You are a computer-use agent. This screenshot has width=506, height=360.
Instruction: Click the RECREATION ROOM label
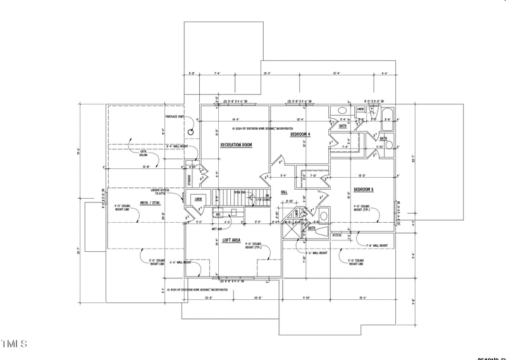click(x=236, y=145)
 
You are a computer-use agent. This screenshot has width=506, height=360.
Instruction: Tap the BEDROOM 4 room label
click(x=300, y=135)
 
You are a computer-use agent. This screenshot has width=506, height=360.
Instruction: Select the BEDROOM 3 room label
click(x=363, y=190)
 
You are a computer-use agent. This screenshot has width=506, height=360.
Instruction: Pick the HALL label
click(x=284, y=191)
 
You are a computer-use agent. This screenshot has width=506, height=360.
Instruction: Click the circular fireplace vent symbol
click(x=190, y=131)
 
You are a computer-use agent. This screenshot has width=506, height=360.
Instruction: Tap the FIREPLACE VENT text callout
click(x=175, y=117)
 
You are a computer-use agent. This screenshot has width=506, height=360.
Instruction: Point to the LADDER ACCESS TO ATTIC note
click(x=160, y=192)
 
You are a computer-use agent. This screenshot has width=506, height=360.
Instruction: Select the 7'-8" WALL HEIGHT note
click(x=377, y=245)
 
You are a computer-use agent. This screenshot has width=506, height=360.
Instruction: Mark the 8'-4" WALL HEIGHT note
click(x=176, y=147)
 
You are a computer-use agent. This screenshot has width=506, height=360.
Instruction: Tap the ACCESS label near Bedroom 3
click(x=336, y=235)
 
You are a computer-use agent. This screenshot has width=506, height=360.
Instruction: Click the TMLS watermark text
click(x=14, y=344)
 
